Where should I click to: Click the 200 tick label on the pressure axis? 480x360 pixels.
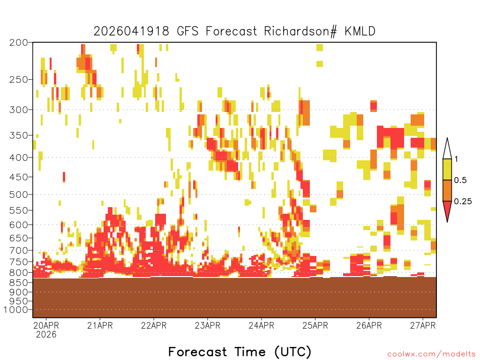18,43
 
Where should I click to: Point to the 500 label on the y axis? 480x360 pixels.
18,195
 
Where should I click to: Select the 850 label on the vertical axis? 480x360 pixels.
18,283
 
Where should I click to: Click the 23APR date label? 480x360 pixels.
208,325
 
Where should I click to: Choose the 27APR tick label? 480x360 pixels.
423,325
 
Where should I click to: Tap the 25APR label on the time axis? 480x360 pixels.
315,325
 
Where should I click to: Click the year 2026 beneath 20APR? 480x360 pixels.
46,335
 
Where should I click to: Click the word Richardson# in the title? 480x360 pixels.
300,31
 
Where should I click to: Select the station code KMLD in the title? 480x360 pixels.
360,31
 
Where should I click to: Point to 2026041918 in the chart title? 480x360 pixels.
131,31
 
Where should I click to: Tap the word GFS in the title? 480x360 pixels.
187,31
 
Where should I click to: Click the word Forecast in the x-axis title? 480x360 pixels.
198,352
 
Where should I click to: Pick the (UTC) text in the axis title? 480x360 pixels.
293,352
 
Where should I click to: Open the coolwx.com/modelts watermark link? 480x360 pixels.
432,354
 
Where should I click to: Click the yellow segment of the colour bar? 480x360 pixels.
447,169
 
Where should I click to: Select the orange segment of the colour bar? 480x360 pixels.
447,190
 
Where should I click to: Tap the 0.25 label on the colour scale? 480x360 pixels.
463,202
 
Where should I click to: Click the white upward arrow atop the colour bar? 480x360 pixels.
447,149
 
